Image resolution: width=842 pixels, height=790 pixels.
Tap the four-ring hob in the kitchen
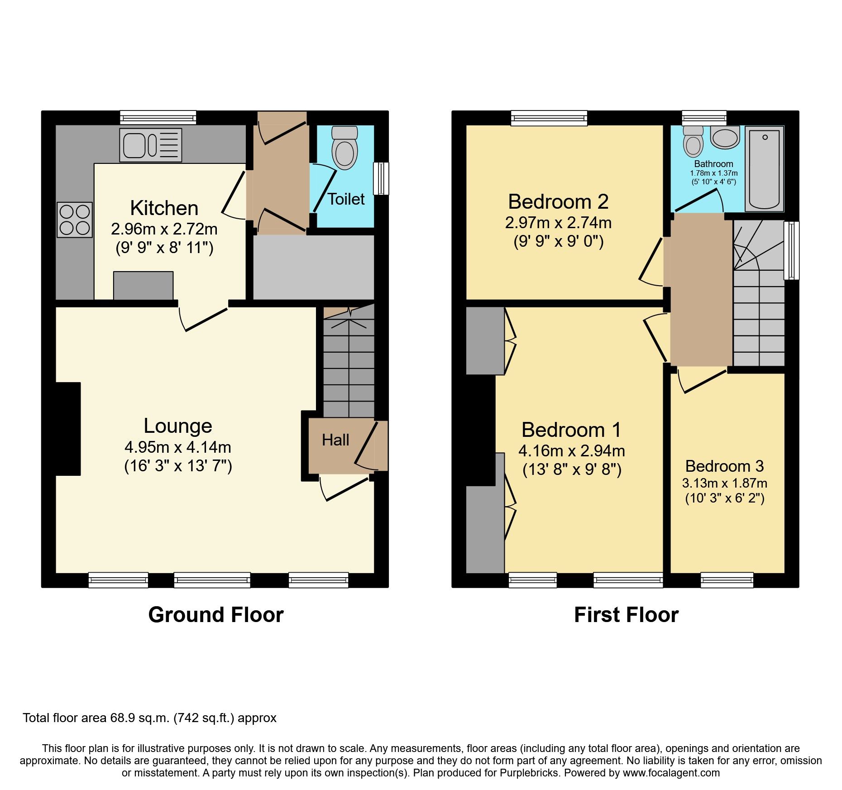tap(75, 220)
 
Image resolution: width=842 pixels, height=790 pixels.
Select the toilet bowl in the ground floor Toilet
tap(344, 153)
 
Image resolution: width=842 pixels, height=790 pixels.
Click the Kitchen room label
tap(164, 208)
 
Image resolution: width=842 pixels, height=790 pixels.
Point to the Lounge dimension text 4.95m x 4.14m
tap(178, 447)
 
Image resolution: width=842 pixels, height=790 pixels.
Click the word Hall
tap(335, 440)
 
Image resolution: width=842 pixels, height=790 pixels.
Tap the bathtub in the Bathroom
tap(764, 169)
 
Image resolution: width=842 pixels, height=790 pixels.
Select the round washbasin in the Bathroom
tap(725, 137)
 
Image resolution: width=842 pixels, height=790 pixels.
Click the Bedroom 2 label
tap(558, 202)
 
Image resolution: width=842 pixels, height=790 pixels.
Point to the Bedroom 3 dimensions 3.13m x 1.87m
tap(725, 483)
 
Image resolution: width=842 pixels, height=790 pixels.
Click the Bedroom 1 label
tap(571, 430)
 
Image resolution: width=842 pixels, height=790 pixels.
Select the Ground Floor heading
tap(216, 615)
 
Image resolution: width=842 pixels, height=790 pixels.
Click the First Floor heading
tap(626, 615)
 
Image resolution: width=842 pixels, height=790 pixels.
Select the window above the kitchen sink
tap(158, 118)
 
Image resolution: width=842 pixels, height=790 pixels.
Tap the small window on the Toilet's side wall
tap(381, 178)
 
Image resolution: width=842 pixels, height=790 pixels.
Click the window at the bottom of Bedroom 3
tap(727, 580)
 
